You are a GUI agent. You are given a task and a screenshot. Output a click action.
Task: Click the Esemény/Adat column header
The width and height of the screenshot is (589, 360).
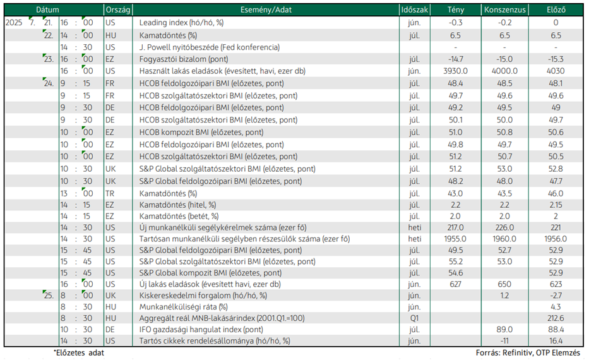[266, 9]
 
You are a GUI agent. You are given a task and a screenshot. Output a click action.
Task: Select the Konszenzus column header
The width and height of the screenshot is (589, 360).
[505, 9]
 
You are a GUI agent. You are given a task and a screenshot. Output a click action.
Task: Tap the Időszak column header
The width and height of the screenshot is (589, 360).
[414, 9]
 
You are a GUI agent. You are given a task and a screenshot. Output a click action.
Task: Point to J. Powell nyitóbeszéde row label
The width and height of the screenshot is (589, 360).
[210, 47]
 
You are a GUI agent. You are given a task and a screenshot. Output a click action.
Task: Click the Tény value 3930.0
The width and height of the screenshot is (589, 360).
[456, 71]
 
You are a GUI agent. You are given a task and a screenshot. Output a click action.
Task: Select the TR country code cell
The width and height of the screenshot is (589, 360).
[110, 193]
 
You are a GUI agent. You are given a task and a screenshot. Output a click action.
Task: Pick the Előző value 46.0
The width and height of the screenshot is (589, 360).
[556, 193]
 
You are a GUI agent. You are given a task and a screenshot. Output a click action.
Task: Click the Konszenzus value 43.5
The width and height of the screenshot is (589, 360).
[504, 193]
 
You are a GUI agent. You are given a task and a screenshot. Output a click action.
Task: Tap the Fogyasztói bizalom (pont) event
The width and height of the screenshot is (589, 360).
[184, 59]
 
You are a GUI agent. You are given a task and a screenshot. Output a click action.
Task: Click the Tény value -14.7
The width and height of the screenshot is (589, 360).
[456, 59]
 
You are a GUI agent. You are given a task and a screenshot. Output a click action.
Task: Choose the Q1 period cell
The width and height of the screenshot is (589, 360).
[414, 318]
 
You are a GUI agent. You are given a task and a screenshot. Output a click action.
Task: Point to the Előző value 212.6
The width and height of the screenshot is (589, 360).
[556, 318]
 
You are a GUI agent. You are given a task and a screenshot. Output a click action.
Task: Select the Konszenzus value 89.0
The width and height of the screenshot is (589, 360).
[504, 330]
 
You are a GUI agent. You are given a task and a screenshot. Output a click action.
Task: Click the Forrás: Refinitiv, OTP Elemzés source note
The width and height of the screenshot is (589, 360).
[528, 353]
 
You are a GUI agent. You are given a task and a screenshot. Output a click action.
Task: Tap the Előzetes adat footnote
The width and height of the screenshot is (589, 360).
[79, 353]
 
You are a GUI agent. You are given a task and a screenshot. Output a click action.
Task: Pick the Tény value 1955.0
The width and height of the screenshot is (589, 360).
[455, 239]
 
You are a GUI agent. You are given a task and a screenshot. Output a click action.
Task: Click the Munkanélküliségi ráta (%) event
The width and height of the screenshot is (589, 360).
[183, 307]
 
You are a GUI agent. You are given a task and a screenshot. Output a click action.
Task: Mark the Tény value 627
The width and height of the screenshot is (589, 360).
[455, 284]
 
